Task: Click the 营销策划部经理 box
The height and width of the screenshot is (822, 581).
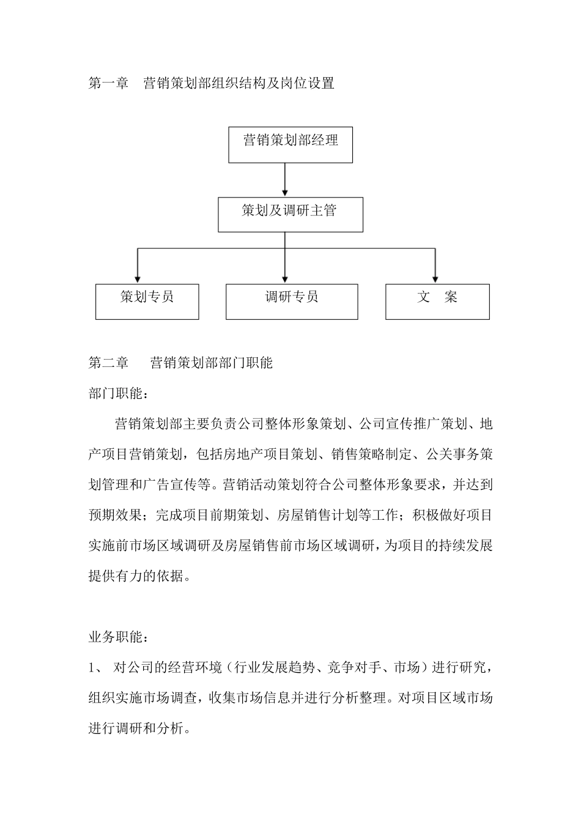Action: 290,144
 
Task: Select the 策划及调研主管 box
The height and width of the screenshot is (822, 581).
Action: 290,214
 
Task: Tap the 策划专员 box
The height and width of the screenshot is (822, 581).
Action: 147,301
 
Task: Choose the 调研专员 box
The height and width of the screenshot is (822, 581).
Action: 292,301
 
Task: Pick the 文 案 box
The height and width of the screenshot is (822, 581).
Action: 437,301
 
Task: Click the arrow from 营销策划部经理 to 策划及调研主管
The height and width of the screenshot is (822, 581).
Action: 285,180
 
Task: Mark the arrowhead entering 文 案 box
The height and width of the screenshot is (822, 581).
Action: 435,278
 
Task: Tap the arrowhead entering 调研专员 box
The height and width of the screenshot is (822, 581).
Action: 285,278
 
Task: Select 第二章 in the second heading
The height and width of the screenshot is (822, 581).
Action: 108,363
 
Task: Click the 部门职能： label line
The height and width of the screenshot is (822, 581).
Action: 118,393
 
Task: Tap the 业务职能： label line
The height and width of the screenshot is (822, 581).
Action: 118,637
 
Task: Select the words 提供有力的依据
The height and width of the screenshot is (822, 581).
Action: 135,576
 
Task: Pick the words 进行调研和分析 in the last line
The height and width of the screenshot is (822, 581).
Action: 135,728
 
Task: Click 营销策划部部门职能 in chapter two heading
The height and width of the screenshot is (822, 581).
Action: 212,363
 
